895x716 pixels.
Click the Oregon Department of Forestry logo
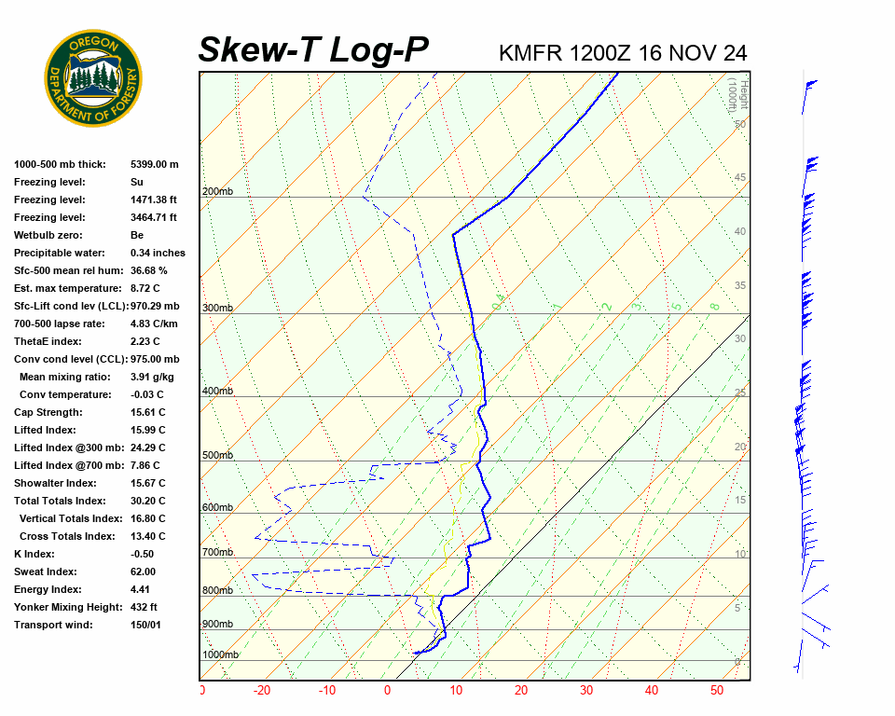point(94,78)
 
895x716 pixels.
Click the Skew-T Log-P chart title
point(313,50)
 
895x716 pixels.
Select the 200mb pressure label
point(216,192)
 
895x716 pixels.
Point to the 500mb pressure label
point(217,455)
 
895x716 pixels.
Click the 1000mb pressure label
point(220,654)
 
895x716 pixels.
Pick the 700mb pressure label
point(217,553)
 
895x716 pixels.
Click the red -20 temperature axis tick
point(262,691)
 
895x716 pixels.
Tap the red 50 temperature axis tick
point(717,691)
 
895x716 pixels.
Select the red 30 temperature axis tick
point(586,691)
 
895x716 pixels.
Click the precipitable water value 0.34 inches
point(158,253)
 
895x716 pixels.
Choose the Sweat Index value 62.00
point(144,571)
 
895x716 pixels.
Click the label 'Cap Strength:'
point(48,412)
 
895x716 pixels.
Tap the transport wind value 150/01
point(146,625)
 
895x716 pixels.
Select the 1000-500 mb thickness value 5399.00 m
point(155,164)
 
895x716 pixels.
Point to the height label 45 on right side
point(740,178)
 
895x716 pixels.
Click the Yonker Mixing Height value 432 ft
point(145,607)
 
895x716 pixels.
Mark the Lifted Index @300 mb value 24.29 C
point(148,447)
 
